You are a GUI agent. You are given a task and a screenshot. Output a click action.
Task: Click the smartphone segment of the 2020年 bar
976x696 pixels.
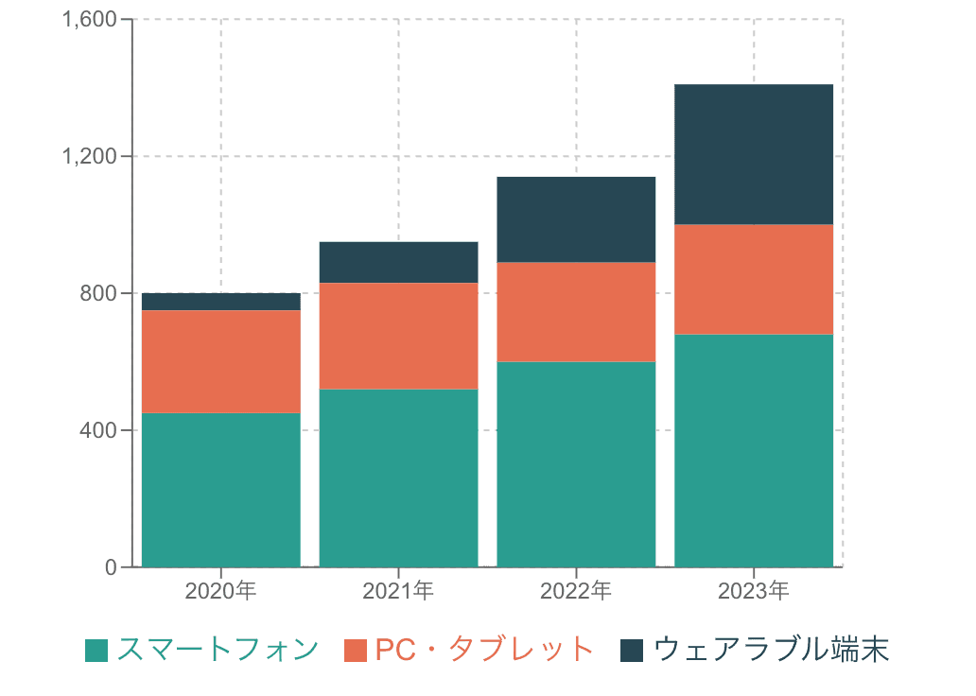(221, 490)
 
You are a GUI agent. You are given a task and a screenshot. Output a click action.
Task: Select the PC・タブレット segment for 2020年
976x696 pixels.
(221, 361)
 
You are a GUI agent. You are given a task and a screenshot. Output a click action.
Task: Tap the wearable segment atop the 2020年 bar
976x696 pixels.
(221, 302)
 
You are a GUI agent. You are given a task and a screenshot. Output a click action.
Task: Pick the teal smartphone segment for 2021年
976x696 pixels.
(398, 478)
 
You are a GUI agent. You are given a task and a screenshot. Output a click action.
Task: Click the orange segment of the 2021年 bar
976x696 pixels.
(398, 336)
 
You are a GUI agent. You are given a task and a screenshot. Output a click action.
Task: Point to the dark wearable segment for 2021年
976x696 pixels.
(398, 262)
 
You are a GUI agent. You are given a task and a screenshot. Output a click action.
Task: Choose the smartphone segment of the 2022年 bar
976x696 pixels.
(576, 464)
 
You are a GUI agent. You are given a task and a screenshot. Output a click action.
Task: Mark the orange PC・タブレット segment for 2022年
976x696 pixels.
(576, 312)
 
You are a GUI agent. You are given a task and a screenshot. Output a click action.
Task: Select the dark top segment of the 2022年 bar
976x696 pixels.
(576, 219)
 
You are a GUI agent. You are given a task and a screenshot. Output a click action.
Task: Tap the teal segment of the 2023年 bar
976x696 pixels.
(754, 450)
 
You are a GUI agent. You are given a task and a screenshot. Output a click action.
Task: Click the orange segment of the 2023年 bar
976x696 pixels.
(754, 279)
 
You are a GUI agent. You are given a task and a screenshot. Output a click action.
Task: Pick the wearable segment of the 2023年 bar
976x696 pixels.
(754, 154)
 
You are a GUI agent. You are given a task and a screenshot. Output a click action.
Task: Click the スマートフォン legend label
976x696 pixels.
(218, 650)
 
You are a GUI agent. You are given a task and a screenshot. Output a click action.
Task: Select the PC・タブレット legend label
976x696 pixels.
(484, 650)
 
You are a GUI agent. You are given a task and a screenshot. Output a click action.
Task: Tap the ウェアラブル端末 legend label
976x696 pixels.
(771, 650)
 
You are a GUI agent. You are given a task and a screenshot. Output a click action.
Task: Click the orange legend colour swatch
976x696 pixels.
(356, 651)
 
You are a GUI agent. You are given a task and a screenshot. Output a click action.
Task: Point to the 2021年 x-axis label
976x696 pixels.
(398, 592)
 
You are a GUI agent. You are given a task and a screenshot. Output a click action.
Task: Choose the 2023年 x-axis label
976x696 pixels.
(754, 592)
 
